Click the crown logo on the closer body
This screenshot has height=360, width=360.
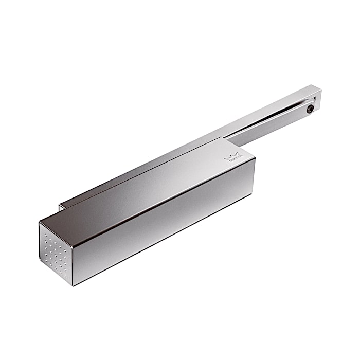tap(235, 155)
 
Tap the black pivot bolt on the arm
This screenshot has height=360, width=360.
tap(310, 109)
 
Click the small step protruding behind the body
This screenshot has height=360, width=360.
tap(62, 206)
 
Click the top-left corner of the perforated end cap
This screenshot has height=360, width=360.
tap(39, 222)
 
